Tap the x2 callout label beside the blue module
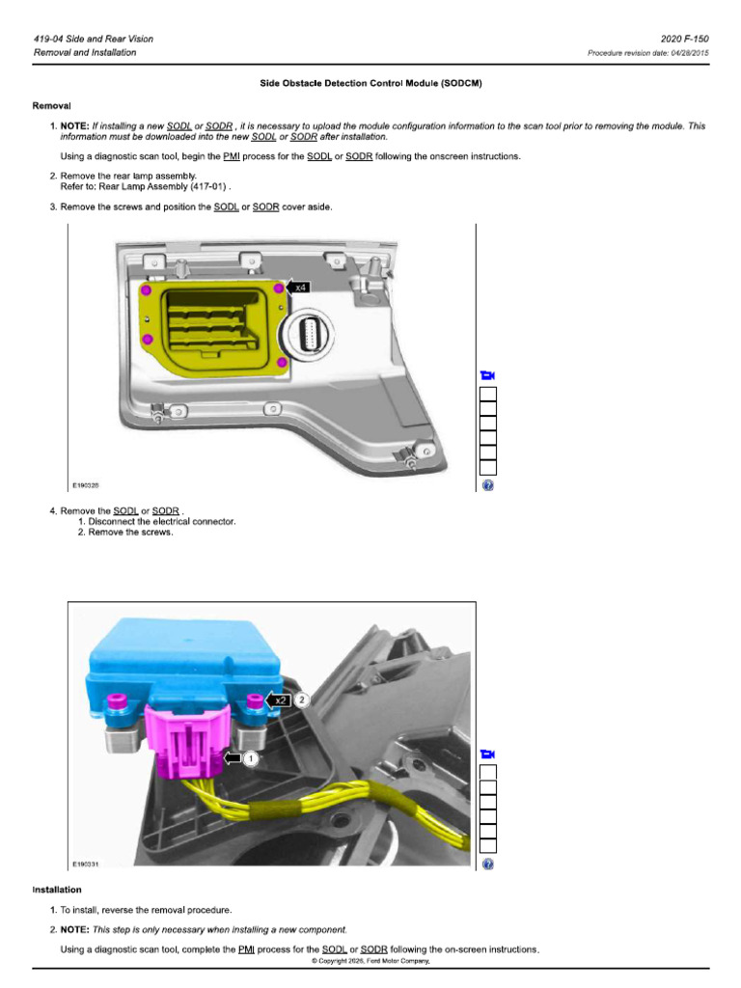[280, 700]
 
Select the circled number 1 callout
[250, 758]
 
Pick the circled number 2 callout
[302, 700]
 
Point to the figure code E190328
[86, 485]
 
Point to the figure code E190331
[86, 864]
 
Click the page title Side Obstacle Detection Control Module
[370, 83]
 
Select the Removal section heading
[52, 106]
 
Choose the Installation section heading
[57, 890]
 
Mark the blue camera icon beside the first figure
[487, 375]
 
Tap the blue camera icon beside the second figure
[487, 755]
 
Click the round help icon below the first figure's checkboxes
[487, 485]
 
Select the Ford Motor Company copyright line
[370, 961]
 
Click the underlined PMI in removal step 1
[232, 156]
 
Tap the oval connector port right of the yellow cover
[307, 331]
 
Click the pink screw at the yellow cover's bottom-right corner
[282, 363]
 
